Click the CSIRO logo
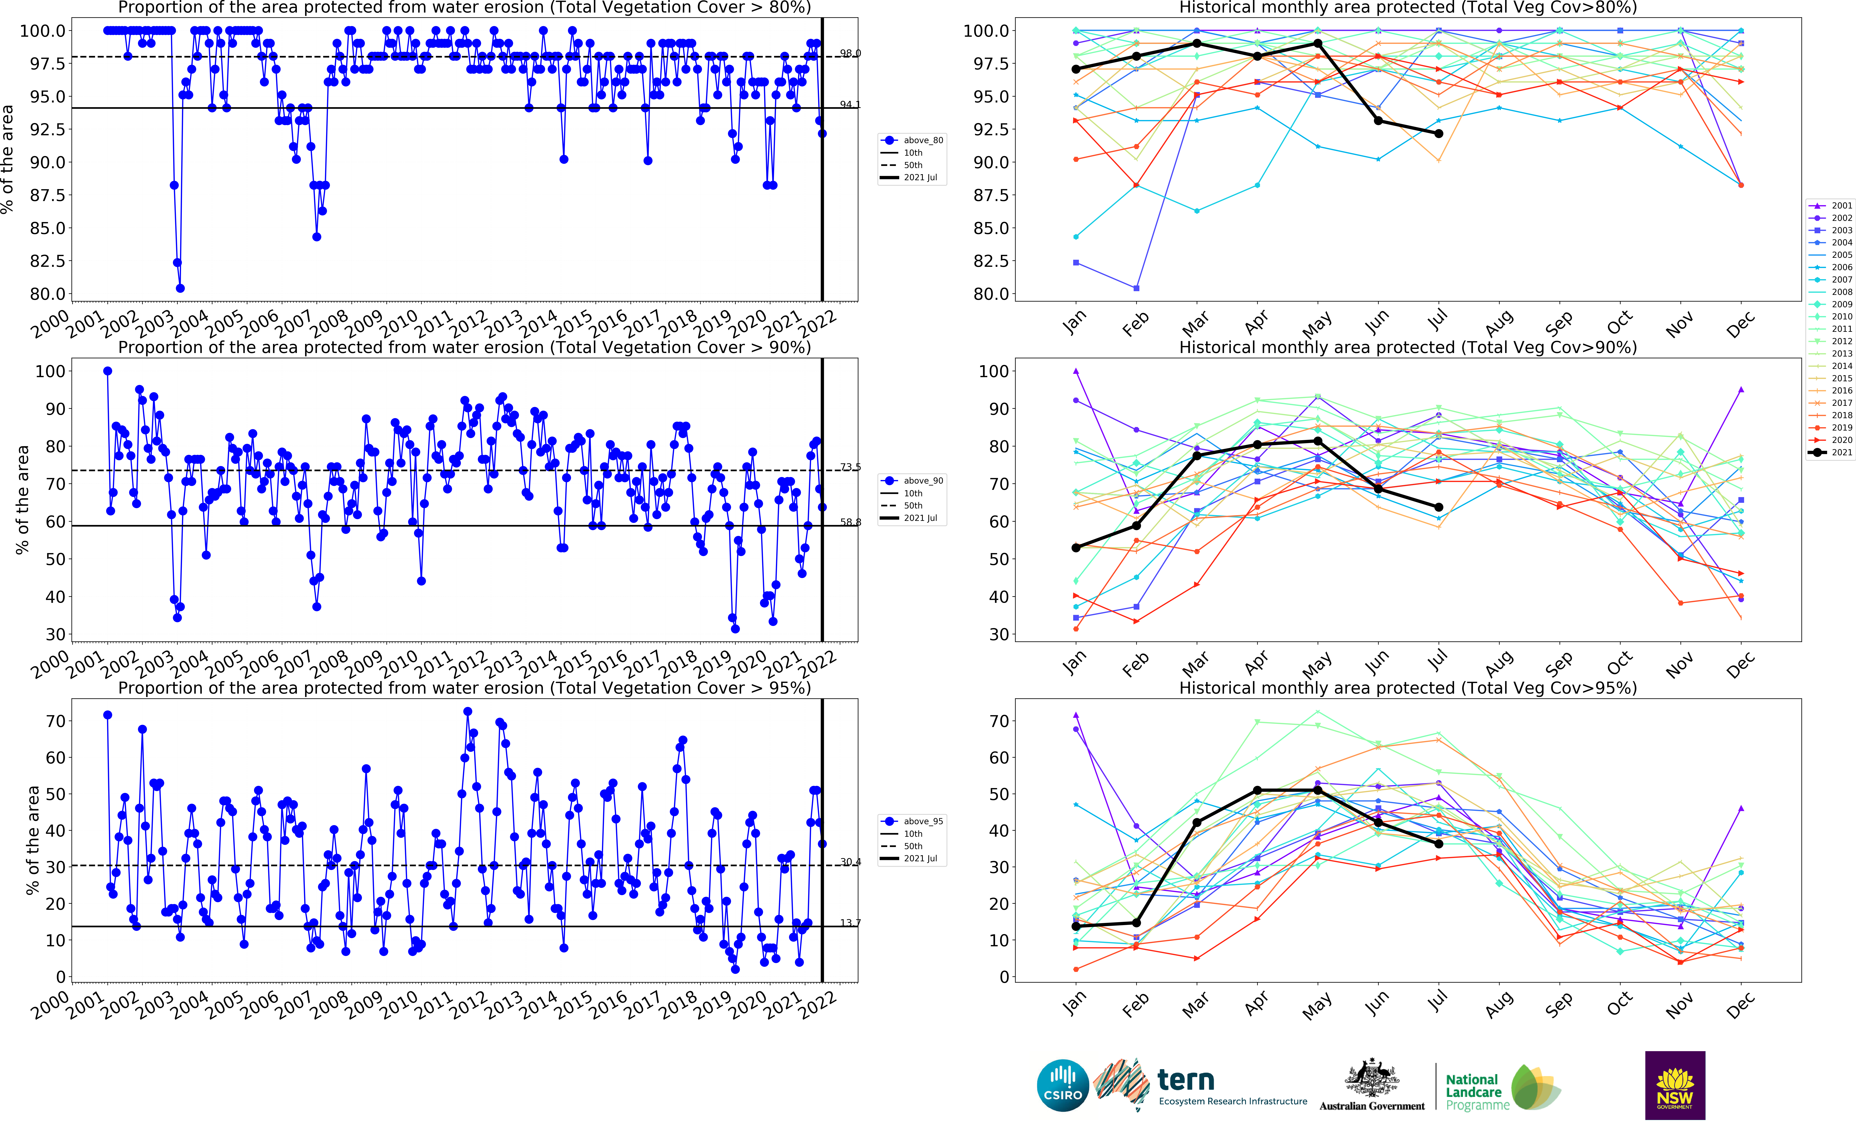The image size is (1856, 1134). click(1062, 1085)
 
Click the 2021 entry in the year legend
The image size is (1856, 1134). click(1830, 453)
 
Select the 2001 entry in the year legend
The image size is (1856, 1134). click(1830, 206)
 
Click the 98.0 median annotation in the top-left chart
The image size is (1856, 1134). click(850, 53)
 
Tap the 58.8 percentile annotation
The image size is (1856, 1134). click(850, 522)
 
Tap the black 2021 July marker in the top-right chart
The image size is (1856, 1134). click(1439, 133)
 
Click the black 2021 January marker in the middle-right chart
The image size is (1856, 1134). click(1076, 547)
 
